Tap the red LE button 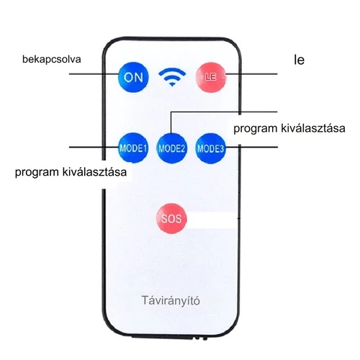click(211, 77)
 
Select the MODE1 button click(133, 148)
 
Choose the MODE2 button click(171, 148)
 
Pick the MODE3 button click(210, 148)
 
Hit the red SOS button click(171, 218)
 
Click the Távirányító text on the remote click(171, 300)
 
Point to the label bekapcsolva click(52, 59)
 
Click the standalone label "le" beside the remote click(300, 60)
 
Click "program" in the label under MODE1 click(37, 173)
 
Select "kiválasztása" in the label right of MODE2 click(313, 128)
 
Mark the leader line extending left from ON click(94, 73)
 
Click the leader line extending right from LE click(252, 74)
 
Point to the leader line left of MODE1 click(94, 147)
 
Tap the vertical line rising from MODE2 click(171, 122)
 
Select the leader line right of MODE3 click(252, 147)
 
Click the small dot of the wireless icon click(172, 84)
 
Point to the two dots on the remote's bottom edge click(201, 338)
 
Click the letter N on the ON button click(140, 77)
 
